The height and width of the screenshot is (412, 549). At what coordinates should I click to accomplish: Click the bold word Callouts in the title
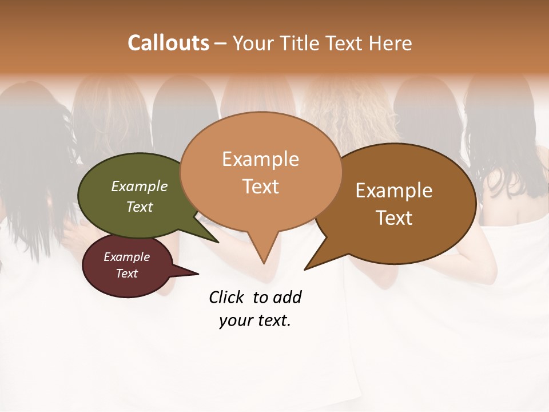[x=168, y=43]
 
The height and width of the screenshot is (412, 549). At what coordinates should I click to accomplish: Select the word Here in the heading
[x=391, y=43]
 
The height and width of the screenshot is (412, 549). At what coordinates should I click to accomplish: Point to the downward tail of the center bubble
[x=263, y=252]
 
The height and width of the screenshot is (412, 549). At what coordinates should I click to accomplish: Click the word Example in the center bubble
[x=260, y=159]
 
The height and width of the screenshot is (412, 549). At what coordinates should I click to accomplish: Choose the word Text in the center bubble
[x=260, y=186]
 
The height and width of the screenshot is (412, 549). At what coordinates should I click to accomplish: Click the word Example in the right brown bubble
[x=394, y=191]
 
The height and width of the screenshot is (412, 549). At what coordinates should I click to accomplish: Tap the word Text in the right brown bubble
[x=394, y=217]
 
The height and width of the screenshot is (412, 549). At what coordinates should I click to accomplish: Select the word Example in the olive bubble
[x=139, y=187]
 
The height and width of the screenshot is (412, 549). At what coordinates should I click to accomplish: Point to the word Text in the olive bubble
[x=139, y=207]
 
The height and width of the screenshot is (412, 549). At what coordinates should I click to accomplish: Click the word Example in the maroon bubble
[x=126, y=257]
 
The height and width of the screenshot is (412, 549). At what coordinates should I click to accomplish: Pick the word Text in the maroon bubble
[x=126, y=274]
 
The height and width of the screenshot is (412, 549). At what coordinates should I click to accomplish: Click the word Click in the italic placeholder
[x=228, y=297]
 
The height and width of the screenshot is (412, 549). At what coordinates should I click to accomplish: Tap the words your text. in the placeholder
[x=254, y=320]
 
